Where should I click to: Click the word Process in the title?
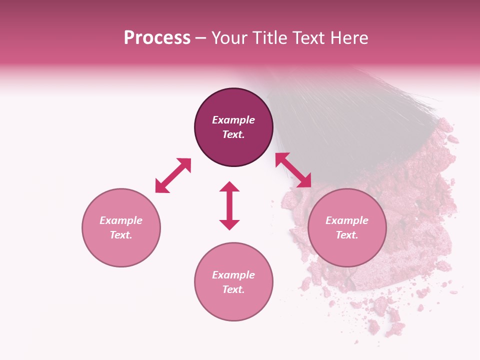coord(157,38)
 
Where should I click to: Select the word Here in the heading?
coord(348,38)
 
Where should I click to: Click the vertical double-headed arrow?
coord(229,205)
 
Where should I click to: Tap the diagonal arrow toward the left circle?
coord(173,175)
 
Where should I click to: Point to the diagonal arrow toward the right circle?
coord(293,170)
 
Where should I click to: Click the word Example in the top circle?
coord(233,120)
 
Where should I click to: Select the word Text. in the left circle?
coord(121,235)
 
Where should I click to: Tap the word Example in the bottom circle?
coord(233,275)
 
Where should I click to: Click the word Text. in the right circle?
coord(347,235)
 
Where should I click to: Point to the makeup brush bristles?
coord(360,115)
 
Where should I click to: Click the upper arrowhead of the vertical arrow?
coord(229,187)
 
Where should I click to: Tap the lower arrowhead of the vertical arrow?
coord(229,224)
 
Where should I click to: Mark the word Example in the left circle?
coord(121,220)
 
